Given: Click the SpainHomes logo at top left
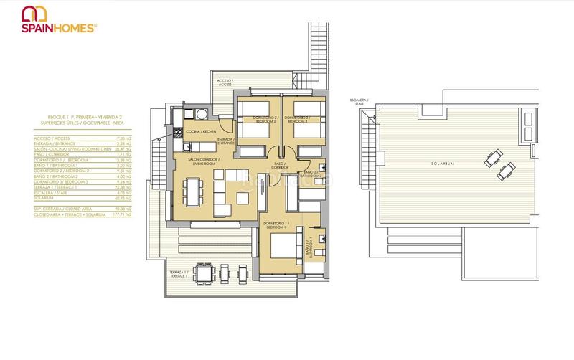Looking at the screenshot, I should pyautogui.click(x=60, y=20).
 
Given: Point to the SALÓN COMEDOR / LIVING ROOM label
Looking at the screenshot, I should pyautogui.click(x=203, y=162).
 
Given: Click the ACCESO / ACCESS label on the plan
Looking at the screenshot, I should pyautogui.click(x=225, y=83).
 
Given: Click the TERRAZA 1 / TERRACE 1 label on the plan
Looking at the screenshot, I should pyautogui.click(x=179, y=275).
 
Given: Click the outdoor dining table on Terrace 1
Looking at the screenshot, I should pyautogui.click(x=204, y=274).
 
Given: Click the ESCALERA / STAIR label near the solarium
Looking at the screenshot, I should pyautogui.click(x=359, y=102).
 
